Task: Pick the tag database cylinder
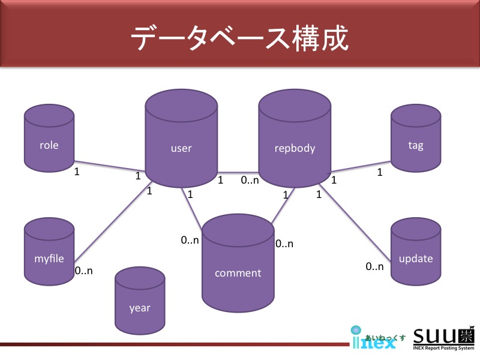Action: tap(415, 138)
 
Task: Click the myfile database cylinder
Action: tap(49, 252)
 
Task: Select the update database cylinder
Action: tap(415, 252)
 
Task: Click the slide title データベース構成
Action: tap(239, 40)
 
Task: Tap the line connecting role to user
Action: tap(109, 166)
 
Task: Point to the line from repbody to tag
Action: tap(360, 166)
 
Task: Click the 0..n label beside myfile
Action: tap(84, 271)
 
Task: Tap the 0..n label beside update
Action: tap(374, 266)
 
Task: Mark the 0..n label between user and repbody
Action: tap(250, 179)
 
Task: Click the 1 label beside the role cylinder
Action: tap(76, 172)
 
